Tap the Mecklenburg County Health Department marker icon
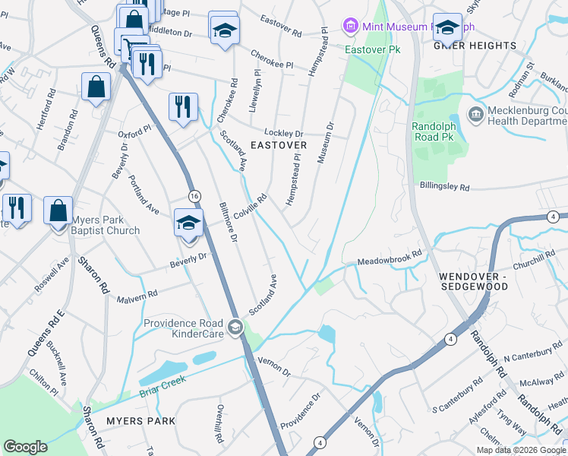point(476,116)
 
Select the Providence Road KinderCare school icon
point(235,328)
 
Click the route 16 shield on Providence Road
point(194,195)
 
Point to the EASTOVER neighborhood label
point(279,144)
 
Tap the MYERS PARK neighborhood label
point(140,420)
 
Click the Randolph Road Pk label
point(437,132)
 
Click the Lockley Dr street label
point(283,132)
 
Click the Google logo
point(25,447)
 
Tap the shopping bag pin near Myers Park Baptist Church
point(58,211)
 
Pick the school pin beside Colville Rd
point(188,222)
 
